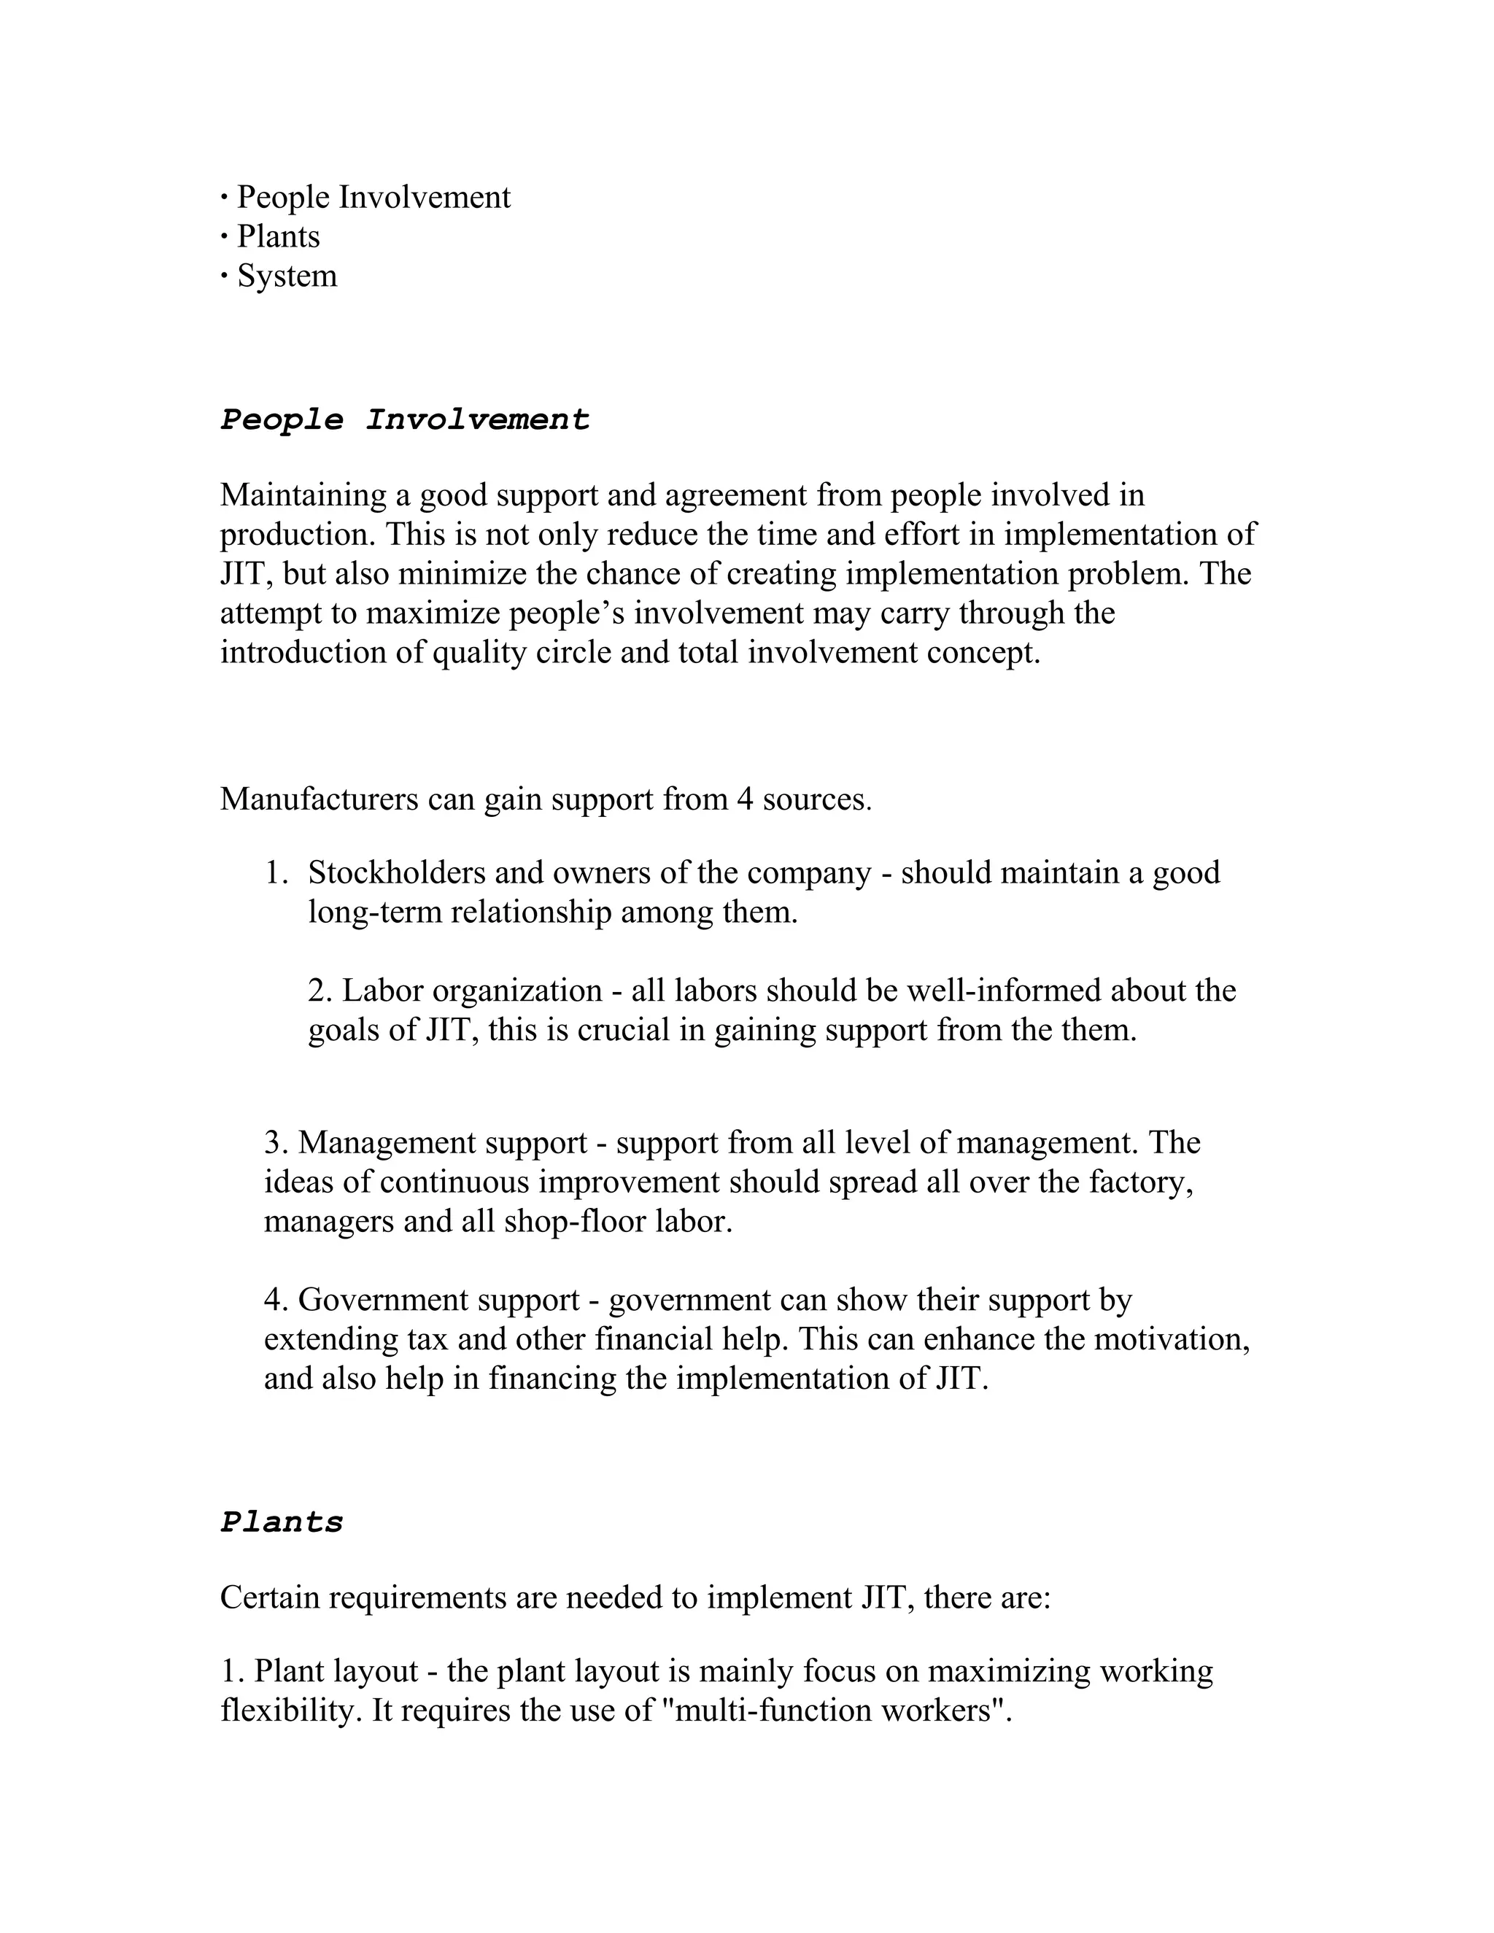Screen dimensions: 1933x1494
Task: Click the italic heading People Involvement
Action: pyautogui.click(x=404, y=419)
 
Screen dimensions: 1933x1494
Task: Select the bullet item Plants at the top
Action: pyautogui.click(x=278, y=236)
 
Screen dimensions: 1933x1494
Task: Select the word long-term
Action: pyautogui.click(x=375, y=912)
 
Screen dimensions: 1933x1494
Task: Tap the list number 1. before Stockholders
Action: pyautogui.click(x=276, y=872)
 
